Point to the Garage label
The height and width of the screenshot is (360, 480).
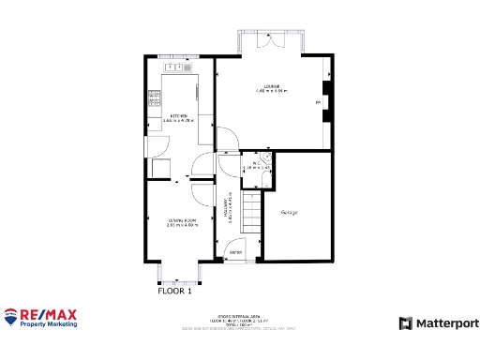tap(290, 213)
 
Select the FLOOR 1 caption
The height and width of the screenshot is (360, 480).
tap(174, 291)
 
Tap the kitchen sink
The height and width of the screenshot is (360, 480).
tap(175, 67)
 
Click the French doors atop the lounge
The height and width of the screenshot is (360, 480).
tap(268, 42)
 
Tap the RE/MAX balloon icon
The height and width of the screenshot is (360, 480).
tap(11, 317)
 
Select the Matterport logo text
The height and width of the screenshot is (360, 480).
tap(445, 322)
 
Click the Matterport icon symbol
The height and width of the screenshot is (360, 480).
tap(406, 322)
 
